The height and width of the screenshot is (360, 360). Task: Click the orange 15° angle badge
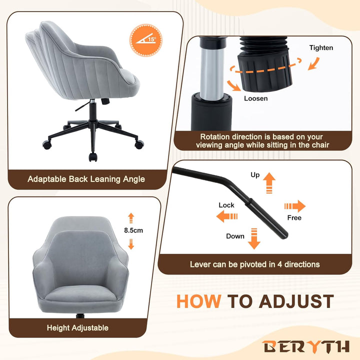(146, 40)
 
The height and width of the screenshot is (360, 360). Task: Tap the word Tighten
(321, 48)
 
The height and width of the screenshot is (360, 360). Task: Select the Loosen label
(256, 98)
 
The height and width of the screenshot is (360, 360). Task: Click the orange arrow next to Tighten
(313, 63)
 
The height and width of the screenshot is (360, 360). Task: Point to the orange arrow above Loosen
(233, 85)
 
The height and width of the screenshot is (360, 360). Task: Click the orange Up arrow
(269, 183)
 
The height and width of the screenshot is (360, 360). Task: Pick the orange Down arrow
(254, 239)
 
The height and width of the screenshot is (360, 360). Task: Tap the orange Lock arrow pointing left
(227, 216)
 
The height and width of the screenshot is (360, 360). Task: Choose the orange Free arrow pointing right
(295, 206)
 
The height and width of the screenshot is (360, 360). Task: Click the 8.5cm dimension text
(133, 230)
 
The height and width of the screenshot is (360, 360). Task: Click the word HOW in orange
(199, 301)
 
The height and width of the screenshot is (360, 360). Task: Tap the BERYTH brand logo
(306, 346)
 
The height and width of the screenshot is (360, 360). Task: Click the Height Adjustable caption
(77, 328)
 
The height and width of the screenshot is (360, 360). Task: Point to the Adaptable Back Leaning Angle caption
(86, 179)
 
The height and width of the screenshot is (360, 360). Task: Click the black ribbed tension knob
(265, 64)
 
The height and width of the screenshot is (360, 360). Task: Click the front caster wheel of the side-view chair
(93, 157)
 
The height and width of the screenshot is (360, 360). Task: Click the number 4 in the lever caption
(279, 264)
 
